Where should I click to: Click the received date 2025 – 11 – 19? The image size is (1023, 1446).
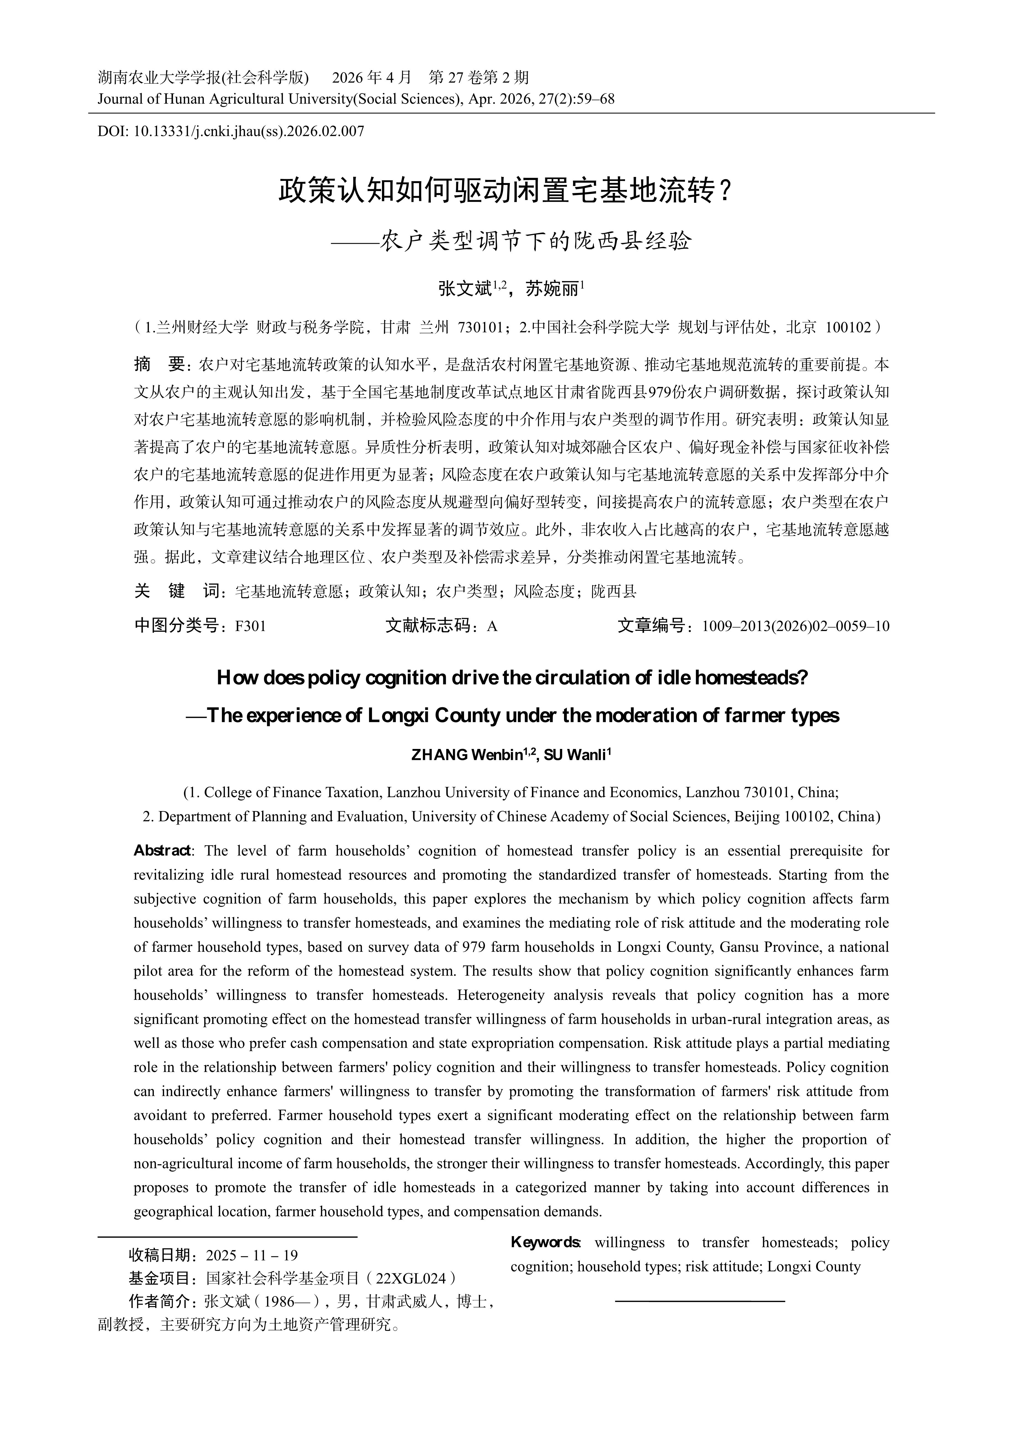coord(252,1255)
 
